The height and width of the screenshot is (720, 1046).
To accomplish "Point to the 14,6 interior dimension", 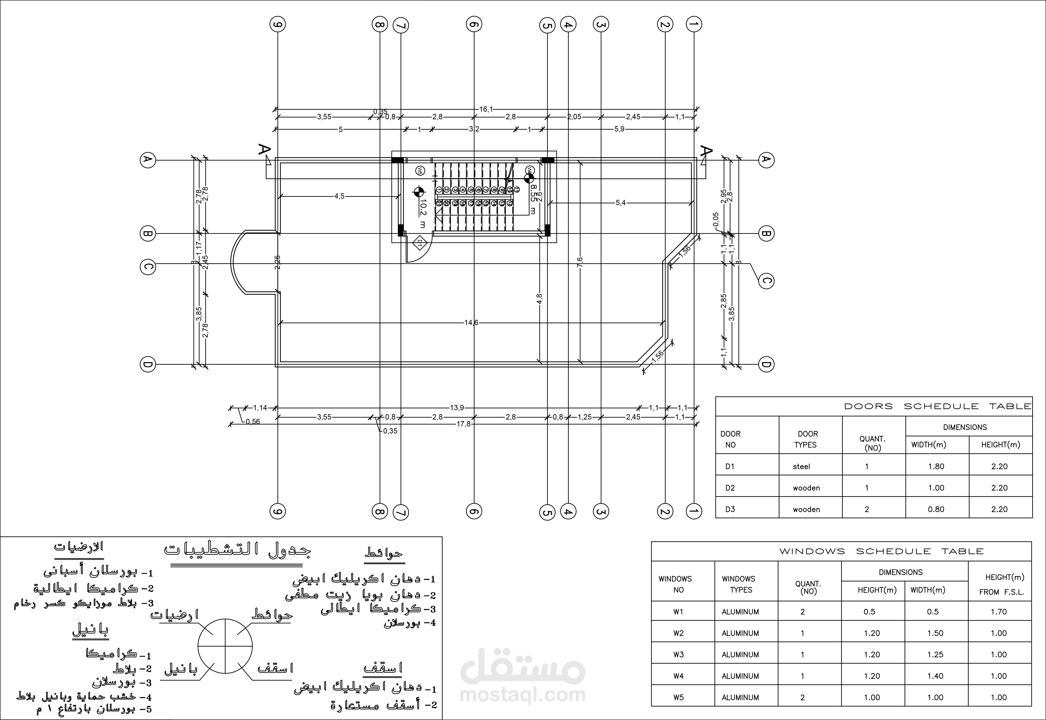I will point(471,323).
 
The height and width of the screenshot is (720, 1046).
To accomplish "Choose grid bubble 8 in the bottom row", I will point(379,511).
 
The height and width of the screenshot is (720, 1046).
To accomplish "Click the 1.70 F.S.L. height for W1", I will point(999,612).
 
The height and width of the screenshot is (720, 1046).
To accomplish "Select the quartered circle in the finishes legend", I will point(225,646).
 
